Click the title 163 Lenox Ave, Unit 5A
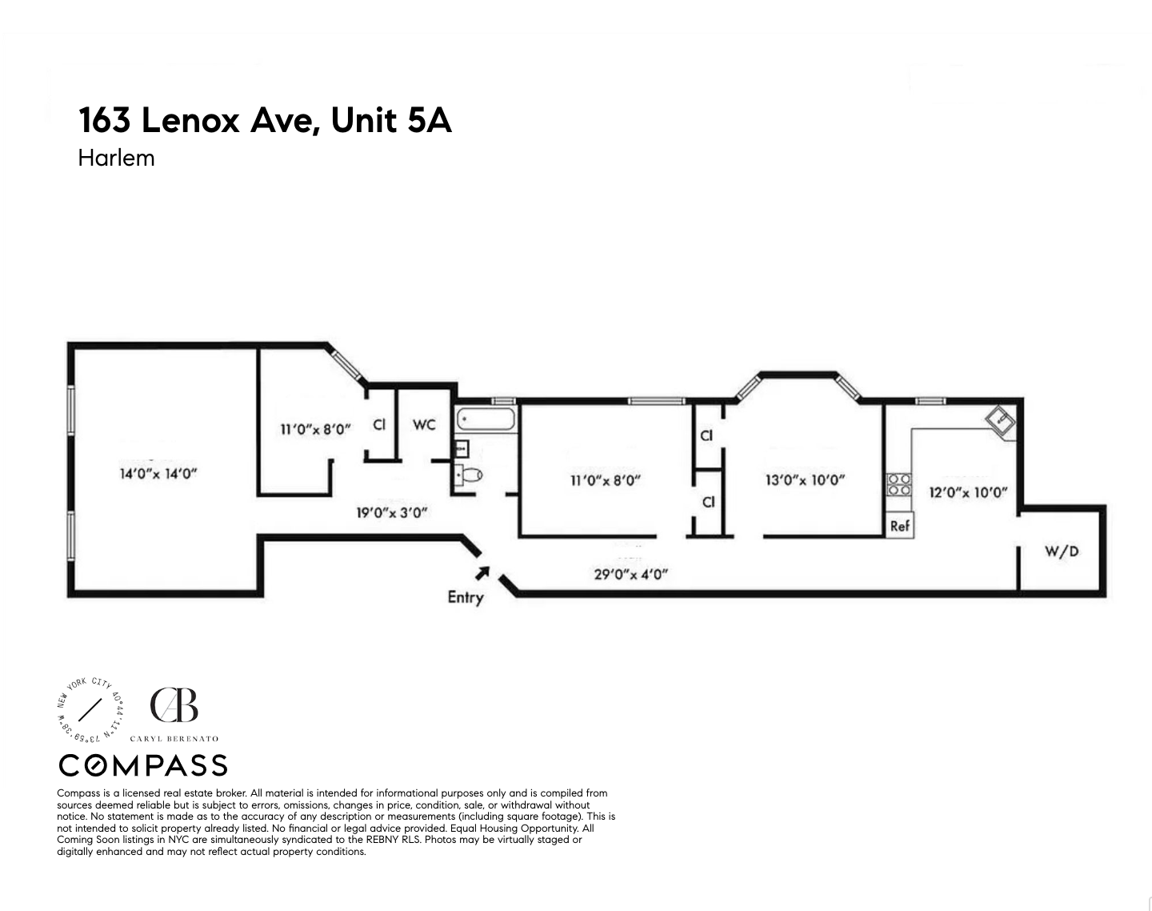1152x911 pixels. (x=265, y=121)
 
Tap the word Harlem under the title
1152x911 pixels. (x=116, y=158)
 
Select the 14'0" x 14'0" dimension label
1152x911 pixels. (x=158, y=473)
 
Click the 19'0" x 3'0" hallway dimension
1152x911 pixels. (x=392, y=512)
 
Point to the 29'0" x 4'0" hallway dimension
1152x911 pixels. (x=630, y=573)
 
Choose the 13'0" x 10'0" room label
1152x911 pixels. (x=805, y=480)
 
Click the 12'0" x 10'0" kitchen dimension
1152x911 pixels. (x=967, y=492)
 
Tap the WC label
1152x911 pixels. (x=424, y=424)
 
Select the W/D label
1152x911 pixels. (x=1062, y=551)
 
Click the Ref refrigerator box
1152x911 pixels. (x=900, y=526)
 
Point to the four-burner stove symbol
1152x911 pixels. (x=899, y=485)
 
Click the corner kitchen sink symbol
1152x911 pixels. (x=1000, y=421)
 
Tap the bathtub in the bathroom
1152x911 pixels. (x=486, y=419)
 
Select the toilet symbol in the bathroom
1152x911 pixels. (x=470, y=476)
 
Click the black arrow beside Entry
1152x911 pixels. (x=482, y=572)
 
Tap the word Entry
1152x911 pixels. (x=465, y=597)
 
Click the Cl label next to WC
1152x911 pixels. (x=379, y=424)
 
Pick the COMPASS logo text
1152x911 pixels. (x=143, y=766)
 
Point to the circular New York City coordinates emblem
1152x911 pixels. (x=90, y=708)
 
